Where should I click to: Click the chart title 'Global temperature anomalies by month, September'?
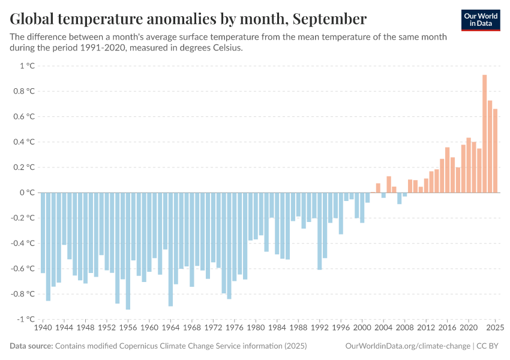point(188,19)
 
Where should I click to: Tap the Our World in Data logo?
point(481,20)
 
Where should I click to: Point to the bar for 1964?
point(170,249)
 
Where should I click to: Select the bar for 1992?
point(320,231)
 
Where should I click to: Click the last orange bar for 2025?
point(495,151)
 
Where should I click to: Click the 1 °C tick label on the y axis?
point(27,66)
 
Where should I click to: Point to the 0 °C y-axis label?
point(27,193)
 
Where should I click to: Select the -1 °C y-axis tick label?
point(25,319)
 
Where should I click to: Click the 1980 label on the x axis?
point(256,328)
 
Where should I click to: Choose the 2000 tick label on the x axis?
point(362,328)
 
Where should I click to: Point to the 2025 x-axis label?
point(495,328)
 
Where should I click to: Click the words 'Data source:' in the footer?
point(31,346)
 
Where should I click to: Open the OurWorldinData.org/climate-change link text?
point(407,346)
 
